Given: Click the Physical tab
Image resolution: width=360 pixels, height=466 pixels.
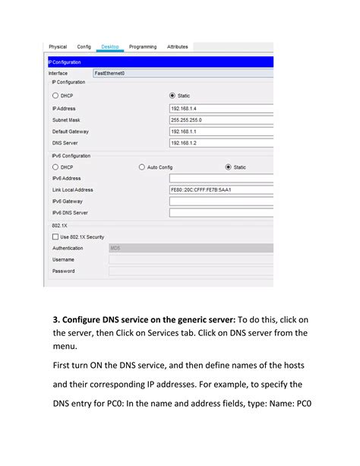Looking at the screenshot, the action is tap(58, 47).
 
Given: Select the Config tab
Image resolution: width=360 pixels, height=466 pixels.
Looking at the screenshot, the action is tap(84, 47).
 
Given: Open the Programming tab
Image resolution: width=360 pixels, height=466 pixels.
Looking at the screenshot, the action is tap(143, 47).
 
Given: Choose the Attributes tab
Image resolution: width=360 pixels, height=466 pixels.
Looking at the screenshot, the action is tap(178, 47).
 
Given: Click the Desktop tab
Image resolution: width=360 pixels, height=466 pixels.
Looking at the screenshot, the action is tap(110, 47).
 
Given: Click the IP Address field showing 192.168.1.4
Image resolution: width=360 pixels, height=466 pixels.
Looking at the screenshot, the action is tap(220, 109).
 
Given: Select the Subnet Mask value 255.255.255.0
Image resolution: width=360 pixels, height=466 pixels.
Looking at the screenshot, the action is tap(220, 120).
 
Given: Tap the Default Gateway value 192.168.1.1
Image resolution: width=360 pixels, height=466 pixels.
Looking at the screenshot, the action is tap(220, 132).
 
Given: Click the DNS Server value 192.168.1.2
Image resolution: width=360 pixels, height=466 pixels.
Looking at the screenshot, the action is tap(220, 143).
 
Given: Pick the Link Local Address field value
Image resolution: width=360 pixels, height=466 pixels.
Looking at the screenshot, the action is tap(220, 189).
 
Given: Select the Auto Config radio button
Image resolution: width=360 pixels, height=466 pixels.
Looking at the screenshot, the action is tap(142, 166).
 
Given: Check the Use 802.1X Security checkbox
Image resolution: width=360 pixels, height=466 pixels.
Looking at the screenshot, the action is tap(55, 236).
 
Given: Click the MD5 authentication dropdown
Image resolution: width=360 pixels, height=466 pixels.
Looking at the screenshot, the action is tap(190, 248).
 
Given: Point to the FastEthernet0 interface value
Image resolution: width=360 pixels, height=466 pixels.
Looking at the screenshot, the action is tap(109, 73).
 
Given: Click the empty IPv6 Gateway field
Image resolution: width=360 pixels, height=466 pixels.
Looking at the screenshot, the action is tap(220, 201).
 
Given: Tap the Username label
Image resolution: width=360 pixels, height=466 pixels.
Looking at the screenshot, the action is tap(64, 259).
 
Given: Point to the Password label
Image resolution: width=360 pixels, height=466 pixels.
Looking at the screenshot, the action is tap(64, 271).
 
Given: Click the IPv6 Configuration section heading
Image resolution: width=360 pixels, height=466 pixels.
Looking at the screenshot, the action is tap(71, 155).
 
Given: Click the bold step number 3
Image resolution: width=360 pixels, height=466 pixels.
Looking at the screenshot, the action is tap(55, 319).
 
